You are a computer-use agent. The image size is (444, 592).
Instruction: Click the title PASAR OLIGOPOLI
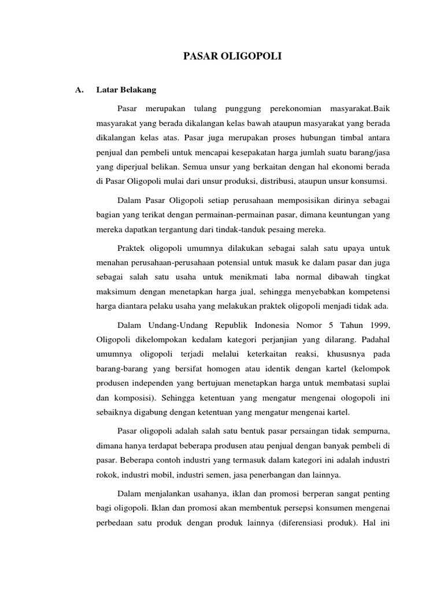point(233,56)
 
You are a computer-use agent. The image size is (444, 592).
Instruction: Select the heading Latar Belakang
point(126,90)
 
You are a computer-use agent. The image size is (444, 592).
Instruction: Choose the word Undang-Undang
point(171,321)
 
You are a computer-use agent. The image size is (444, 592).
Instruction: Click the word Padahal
point(375,336)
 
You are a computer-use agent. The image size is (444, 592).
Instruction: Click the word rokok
point(106,475)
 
